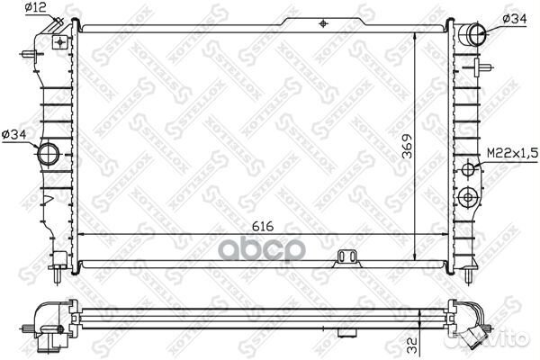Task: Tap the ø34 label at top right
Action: pyautogui.click(x=514, y=18)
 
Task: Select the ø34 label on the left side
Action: pyautogui.click(x=15, y=135)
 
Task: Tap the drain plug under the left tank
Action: pyautogui.click(x=58, y=262)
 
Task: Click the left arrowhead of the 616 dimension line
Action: pyautogui.click(x=84, y=234)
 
